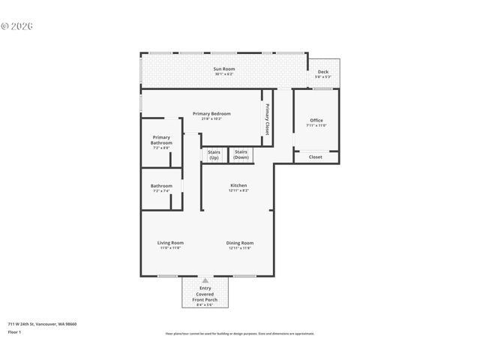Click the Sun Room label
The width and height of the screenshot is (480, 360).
click(223, 68)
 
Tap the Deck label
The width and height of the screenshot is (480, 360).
click(322, 72)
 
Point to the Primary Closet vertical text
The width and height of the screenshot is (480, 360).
click(267, 119)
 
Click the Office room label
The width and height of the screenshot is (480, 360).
click(316, 120)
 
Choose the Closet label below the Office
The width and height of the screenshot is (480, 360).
click(316, 157)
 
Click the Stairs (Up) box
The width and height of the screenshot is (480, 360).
click(214, 154)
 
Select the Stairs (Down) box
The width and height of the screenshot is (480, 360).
click(241, 154)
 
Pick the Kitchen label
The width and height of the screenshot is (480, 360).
click(238, 185)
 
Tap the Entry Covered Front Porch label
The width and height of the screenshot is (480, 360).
click(205, 295)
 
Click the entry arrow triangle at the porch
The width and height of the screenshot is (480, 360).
click(205, 280)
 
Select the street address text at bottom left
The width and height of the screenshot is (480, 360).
click(42, 324)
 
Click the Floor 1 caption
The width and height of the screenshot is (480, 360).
click(14, 331)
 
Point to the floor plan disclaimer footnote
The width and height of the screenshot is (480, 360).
click(239, 334)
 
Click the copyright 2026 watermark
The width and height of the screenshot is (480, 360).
click(17, 25)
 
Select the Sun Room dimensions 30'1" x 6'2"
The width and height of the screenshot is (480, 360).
click(223, 74)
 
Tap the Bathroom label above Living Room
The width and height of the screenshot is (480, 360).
click(161, 186)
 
